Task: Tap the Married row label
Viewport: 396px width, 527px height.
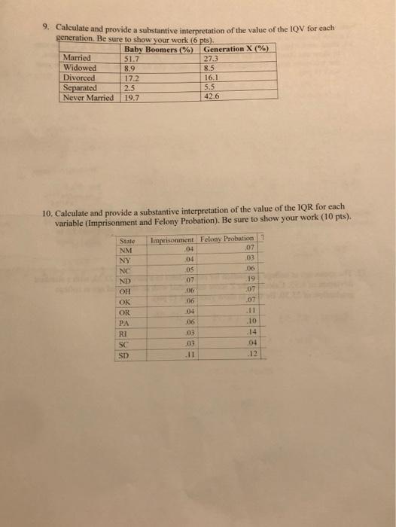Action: coord(78,57)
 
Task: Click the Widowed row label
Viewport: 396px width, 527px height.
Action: coord(82,67)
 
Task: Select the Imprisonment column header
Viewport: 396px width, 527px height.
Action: coord(174,241)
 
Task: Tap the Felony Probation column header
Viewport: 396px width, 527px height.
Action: coord(227,241)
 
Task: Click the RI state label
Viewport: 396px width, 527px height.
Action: coord(125,350)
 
